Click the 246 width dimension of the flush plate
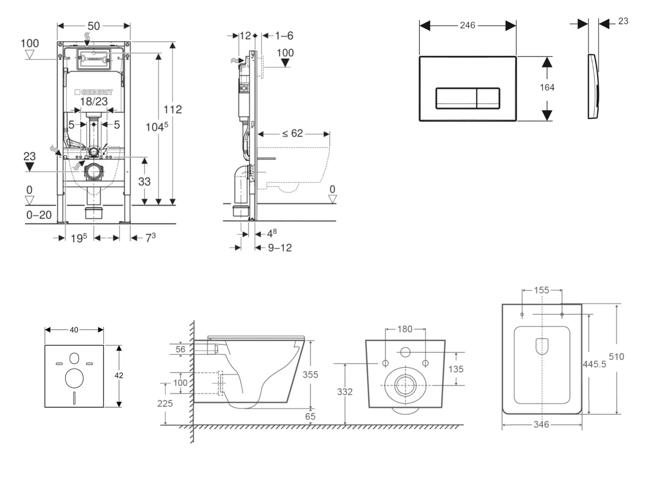click(468, 25)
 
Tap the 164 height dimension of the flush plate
click(547, 87)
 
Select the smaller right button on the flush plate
click(488, 98)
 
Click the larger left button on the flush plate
click(456, 98)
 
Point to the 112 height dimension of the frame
click(173, 109)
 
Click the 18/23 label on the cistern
click(94, 101)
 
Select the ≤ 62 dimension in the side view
click(293, 133)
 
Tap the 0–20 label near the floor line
click(39, 215)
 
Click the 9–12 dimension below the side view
click(280, 248)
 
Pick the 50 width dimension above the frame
click(94, 26)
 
